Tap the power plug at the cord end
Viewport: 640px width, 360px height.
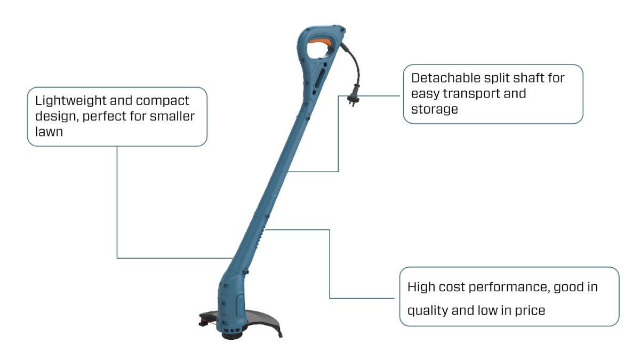[353, 98]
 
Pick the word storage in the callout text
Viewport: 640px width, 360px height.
[435, 109]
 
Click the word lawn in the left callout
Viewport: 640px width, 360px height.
[49, 131]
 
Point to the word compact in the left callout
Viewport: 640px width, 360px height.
[163, 100]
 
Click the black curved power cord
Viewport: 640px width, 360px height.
[351, 64]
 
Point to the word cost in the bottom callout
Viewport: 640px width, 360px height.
[454, 287]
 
